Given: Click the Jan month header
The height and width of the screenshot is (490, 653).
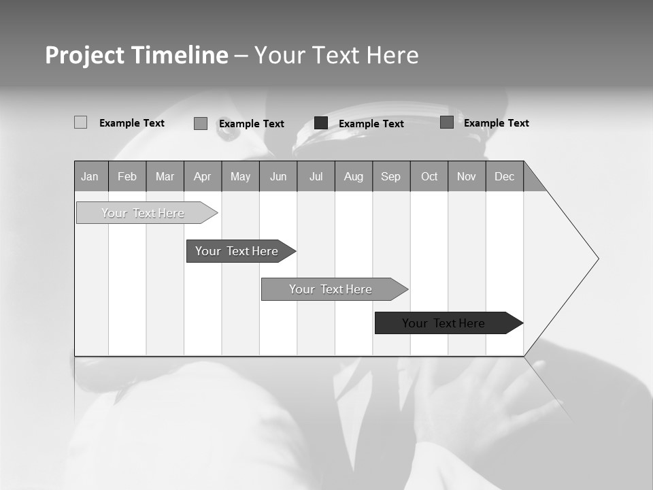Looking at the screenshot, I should pyautogui.click(x=90, y=176).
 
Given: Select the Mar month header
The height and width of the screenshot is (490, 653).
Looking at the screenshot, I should pyautogui.click(x=165, y=176).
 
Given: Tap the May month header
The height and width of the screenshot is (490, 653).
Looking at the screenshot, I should pyautogui.click(x=240, y=176).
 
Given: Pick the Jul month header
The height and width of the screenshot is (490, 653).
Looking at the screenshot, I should pyautogui.click(x=316, y=176).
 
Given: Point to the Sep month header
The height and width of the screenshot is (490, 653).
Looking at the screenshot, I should pyautogui.click(x=390, y=176).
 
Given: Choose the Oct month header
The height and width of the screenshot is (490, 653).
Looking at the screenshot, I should pyautogui.click(x=429, y=176).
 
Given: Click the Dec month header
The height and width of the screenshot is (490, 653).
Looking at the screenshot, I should pyautogui.click(x=504, y=176).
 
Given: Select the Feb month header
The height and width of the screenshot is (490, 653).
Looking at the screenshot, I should pyautogui.click(x=127, y=176).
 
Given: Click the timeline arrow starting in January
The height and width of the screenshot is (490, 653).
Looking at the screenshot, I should pyautogui.click(x=144, y=213).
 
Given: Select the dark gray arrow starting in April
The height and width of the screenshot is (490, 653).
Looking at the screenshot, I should pyautogui.click(x=237, y=251).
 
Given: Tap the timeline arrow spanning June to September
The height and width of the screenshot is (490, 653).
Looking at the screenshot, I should pyautogui.click(x=331, y=289).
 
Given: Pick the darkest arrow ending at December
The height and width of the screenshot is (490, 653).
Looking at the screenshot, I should pyautogui.click(x=444, y=323).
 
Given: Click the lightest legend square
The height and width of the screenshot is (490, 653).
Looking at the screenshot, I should pyautogui.click(x=80, y=122).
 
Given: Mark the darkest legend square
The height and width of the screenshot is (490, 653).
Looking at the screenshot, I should pyautogui.click(x=321, y=123).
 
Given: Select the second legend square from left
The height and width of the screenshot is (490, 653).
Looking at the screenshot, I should pyautogui.click(x=201, y=123).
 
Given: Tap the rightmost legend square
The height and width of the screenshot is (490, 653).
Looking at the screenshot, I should pyautogui.click(x=447, y=122).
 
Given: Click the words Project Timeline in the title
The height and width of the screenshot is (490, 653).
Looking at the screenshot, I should pyautogui.click(x=137, y=55).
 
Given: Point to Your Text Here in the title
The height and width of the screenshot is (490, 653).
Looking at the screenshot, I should pyautogui.click(x=336, y=55).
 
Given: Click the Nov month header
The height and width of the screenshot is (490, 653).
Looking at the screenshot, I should pyautogui.click(x=467, y=176).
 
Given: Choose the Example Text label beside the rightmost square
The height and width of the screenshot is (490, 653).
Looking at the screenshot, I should pyautogui.click(x=496, y=123).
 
